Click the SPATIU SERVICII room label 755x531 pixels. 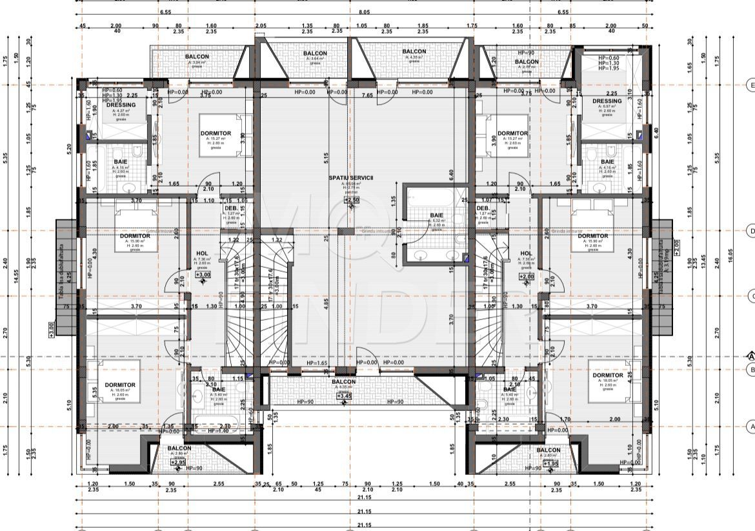[351, 177]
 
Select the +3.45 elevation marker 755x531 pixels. [343, 396]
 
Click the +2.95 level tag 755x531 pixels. [179, 462]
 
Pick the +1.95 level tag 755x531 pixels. [550, 463]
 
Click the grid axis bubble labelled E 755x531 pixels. [750, 85]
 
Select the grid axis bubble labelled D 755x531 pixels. [750, 230]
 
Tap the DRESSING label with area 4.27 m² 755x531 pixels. [121, 105]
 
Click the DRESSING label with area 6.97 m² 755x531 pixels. [607, 101]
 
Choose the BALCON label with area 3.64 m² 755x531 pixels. [315, 54]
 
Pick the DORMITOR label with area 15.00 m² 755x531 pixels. [135, 236]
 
